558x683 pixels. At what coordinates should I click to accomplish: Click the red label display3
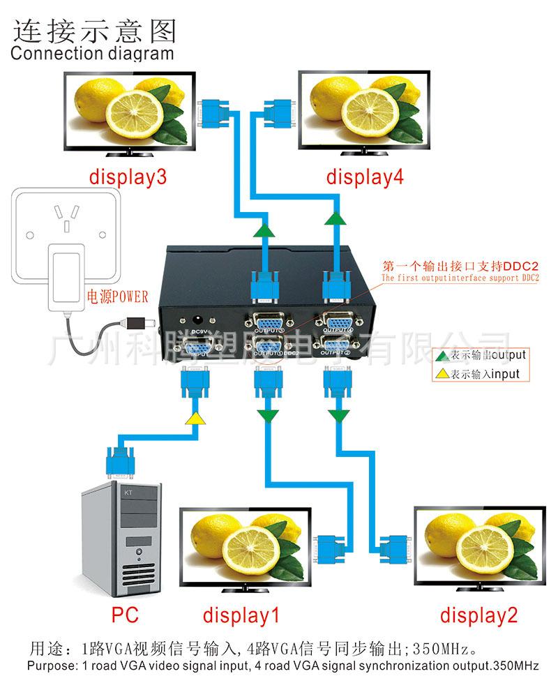pos(128,177)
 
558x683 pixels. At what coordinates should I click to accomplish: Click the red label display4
pos(365,177)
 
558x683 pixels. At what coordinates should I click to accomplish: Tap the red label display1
pos(241,615)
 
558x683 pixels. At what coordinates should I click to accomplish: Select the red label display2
pos(478,615)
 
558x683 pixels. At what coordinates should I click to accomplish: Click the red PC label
pos(125,615)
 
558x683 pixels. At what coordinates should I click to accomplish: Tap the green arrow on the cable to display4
pos(335,220)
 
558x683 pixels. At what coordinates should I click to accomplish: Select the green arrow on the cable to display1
pos(266,416)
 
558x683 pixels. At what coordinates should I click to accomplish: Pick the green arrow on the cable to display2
pos(340,416)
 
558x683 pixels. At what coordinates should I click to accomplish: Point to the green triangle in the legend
pos(442,356)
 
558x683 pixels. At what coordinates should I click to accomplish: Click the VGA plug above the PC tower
pos(119,460)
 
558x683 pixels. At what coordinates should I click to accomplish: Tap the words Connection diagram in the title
pos(92,53)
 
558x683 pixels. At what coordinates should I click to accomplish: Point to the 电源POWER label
pos(118,297)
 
